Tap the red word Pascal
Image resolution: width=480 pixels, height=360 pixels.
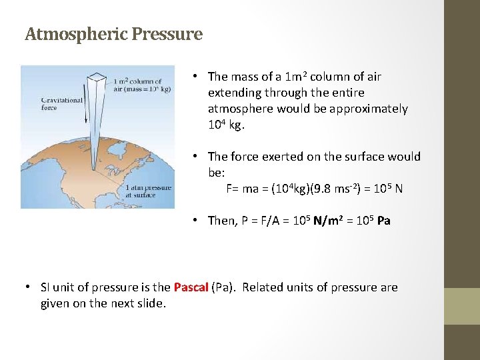pos(191,287)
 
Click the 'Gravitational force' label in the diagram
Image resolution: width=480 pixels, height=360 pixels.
pos(61,103)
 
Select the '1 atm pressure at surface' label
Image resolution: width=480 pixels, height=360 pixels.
pos(149,191)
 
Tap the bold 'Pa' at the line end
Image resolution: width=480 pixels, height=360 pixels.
pos(383,220)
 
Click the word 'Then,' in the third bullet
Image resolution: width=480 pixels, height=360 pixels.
pos(222,220)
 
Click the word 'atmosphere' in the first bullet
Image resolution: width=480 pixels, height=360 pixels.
pos(237,109)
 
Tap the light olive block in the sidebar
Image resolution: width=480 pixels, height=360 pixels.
pos(462,306)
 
